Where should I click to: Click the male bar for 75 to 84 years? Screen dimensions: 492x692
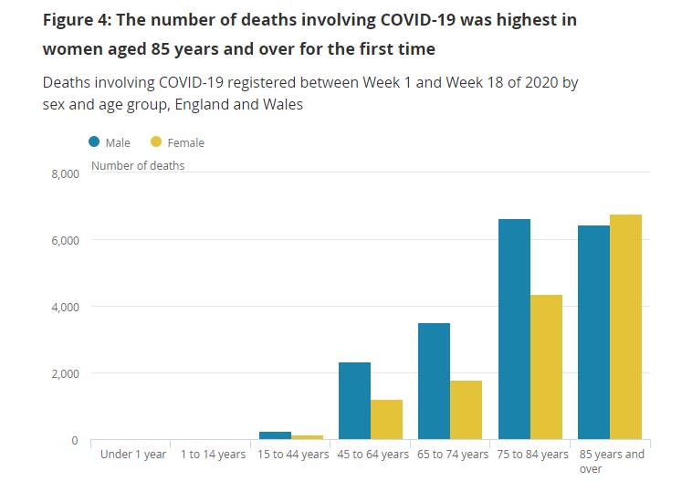[514, 330]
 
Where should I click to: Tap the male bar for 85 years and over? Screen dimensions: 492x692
[593, 332]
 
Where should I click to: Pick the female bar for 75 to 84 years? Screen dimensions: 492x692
[546, 367]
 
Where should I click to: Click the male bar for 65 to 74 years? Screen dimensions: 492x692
[434, 382]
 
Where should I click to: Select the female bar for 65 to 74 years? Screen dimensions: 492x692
[466, 410]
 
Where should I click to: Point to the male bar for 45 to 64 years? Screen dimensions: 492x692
[354, 401]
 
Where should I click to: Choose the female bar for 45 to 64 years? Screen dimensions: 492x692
[386, 420]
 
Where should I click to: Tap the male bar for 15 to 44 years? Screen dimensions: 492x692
[275, 435]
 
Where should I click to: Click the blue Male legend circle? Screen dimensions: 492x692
[95, 141]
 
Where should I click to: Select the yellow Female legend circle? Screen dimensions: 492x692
[156, 141]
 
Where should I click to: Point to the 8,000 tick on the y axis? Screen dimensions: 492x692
[65, 173]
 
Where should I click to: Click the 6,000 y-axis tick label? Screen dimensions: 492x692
[65, 240]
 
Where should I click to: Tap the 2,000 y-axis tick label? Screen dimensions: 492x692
[65, 373]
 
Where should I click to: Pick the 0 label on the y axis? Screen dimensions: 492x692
[76, 440]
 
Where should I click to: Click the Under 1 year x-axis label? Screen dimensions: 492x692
[133, 455]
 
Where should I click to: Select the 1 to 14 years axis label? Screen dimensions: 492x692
[213, 455]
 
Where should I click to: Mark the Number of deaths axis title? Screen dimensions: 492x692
[138, 166]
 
